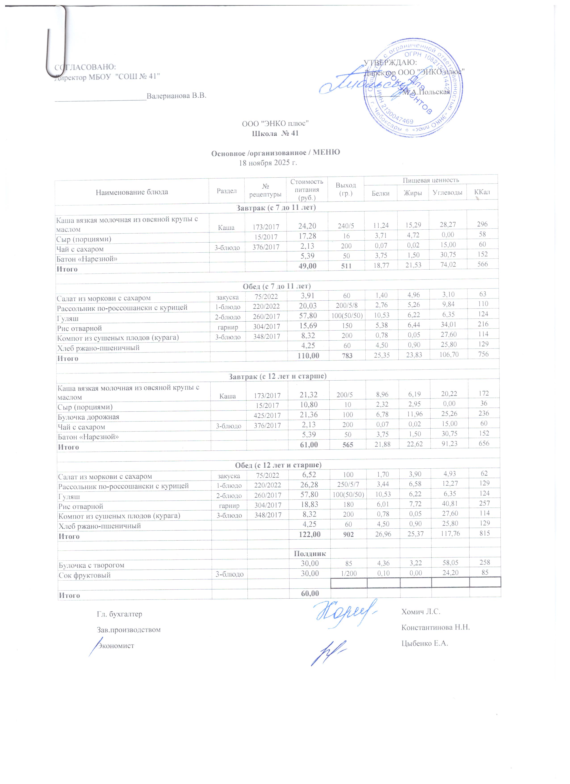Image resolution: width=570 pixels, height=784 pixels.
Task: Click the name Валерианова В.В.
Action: tap(176, 96)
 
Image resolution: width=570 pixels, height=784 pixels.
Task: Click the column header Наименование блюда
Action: tap(132, 192)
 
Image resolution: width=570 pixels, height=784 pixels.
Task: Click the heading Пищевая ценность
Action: tap(431, 180)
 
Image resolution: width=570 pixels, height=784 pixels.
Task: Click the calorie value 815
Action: tap(485, 533)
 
